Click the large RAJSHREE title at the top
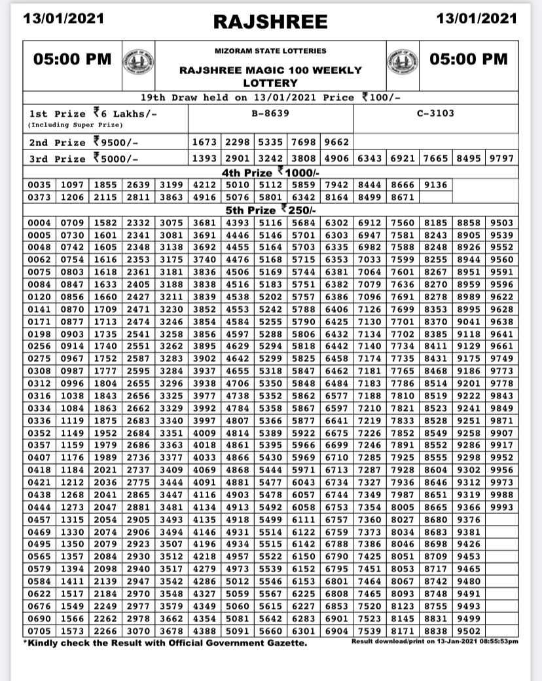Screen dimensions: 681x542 (x=270, y=22)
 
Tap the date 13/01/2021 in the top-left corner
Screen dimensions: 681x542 (x=63, y=19)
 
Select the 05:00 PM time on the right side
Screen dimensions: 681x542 (x=468, y=59)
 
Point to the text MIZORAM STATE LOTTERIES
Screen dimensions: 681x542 (x=270, y=50)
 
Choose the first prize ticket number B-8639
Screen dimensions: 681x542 (x=270, y=113)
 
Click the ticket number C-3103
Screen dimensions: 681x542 (x=435, y=113)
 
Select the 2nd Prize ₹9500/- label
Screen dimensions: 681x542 (x=84, y=142)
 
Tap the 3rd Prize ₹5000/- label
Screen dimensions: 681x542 (x=84, y=159)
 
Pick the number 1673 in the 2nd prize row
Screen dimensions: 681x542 (x=205, y=142)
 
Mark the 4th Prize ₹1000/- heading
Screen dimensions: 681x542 (x=270, y=172)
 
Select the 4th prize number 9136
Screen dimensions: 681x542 (x=436, y=185)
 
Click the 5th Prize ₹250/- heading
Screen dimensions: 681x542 (x=270, y=210)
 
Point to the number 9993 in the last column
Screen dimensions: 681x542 (x=501, y=507)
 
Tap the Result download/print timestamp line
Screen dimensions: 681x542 (x=434, y=641)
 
